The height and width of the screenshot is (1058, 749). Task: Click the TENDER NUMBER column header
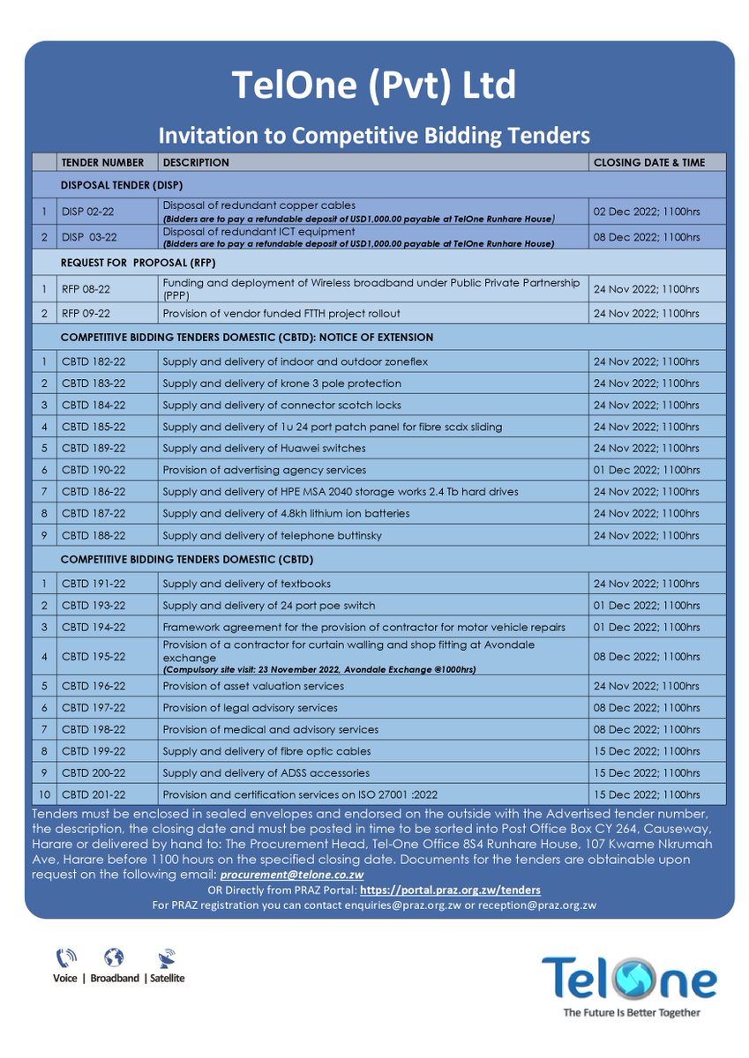click(102, 162)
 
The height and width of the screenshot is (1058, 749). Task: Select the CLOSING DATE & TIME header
click(648, 162)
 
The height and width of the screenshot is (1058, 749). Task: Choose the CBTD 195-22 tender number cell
click(94, 657)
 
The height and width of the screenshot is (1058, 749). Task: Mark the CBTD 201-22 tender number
click(94, 794)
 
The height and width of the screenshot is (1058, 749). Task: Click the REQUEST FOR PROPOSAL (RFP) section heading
click(139, 263)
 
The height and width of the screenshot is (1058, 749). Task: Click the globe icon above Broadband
click(113, 957)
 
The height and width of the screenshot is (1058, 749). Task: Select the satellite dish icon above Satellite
click(166, 957)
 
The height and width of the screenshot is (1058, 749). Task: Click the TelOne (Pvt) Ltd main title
click(374, 86)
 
